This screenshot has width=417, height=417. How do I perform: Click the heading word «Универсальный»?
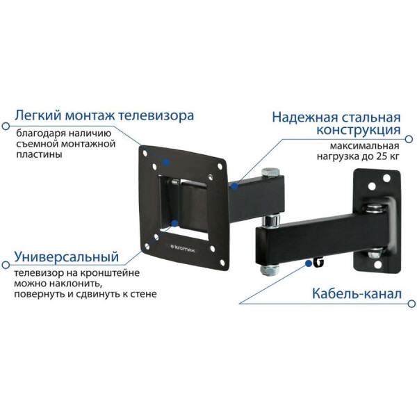67,257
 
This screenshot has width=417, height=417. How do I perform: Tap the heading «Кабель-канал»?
357,294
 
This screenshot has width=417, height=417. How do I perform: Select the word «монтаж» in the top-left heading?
90,115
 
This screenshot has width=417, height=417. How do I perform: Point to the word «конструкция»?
359,130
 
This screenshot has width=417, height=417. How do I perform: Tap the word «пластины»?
39,154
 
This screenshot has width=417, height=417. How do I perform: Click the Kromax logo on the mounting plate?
182,248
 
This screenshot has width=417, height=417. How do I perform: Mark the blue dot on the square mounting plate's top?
167,162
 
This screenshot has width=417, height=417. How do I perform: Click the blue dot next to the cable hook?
308,263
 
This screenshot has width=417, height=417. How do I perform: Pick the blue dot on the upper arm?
234,186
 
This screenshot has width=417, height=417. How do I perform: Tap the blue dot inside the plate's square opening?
174,223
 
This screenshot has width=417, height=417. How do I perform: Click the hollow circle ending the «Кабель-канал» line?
411,304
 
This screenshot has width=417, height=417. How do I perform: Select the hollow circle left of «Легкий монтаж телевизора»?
6,126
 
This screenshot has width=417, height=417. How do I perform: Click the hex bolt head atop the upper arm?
270,172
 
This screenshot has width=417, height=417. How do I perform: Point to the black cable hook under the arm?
318,261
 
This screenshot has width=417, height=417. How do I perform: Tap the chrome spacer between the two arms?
271,220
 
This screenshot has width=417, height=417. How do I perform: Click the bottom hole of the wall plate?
377,265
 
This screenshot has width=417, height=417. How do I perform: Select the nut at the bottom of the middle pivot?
268,270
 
